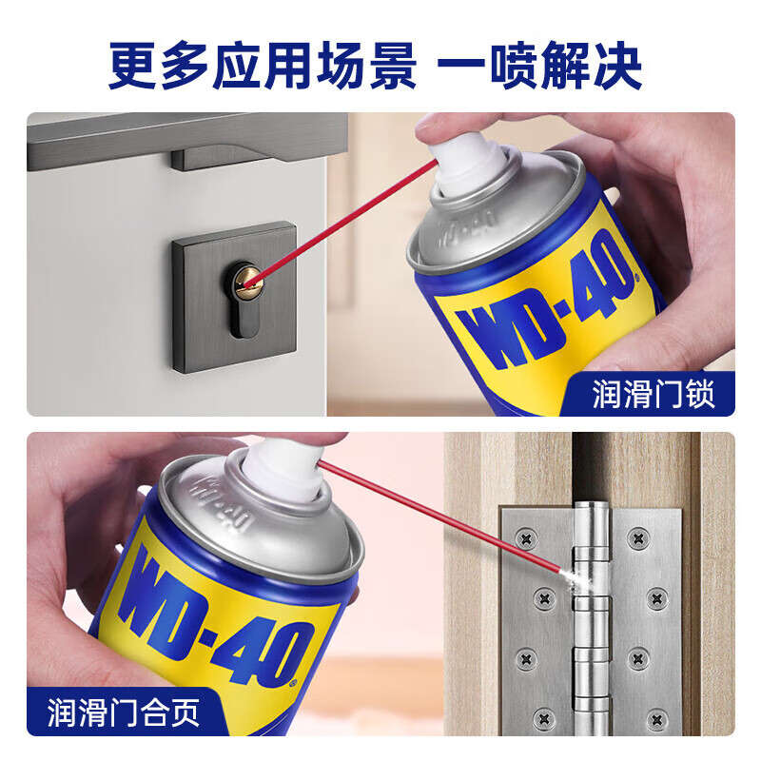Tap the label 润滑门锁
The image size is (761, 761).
click(654, 394)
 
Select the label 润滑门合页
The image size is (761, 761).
click(124, 712)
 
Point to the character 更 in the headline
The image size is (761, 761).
click(132, 66)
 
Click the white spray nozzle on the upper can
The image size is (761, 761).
click(467, 159)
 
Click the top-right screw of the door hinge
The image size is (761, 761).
click(638, 537)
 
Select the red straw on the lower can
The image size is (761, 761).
click(440, 517)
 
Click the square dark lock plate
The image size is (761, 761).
click(234, 298)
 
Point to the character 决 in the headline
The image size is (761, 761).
click(617, 66)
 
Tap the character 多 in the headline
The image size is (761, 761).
click(185, 66)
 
